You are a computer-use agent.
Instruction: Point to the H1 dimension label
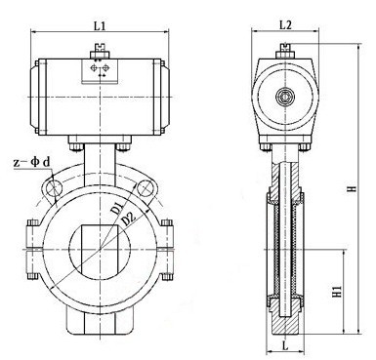[338, 290]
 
